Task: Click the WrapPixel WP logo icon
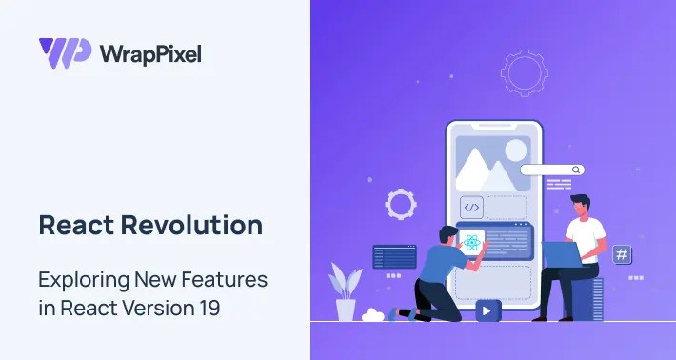(65, 51)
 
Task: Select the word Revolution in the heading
(208, 226)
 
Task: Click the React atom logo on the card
(470, 242)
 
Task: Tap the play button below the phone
(488, 310)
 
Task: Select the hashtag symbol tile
(622, 254)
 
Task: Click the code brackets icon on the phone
(471, 207)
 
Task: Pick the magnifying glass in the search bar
(576, 170)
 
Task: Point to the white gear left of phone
(400, 203)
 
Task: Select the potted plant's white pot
(346, 310)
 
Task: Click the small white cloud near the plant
(372, 314)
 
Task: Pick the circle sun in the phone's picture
(514, 149)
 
